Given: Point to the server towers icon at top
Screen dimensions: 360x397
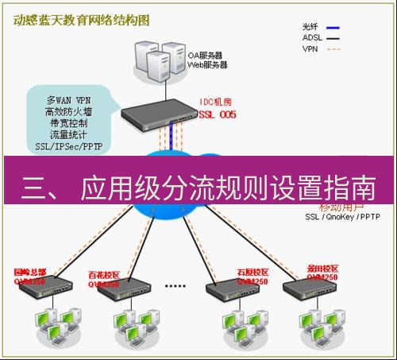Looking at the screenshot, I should pos(156,57).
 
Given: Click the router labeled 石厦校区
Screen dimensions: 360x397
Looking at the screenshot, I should pos(230,290).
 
